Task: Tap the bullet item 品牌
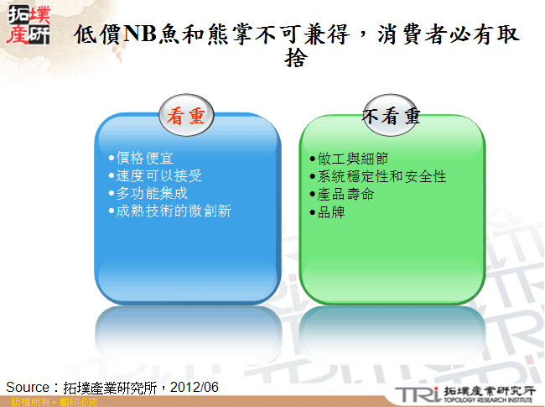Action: coord(330,212)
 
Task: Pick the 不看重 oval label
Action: coord(392,117)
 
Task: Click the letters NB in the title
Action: coord(139,34)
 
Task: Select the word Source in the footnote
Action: coord(28,387)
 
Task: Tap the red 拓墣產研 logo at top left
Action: coord(27,24)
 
